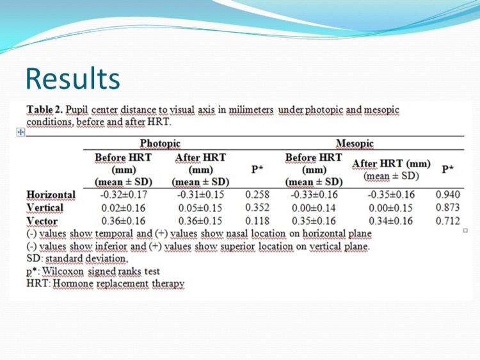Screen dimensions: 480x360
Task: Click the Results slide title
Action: (x=73, y=78)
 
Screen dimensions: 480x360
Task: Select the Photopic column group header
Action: (x=160, y=143)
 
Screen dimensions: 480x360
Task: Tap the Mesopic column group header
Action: (x=355, y=143)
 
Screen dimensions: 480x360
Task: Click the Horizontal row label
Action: (x=51, y=195)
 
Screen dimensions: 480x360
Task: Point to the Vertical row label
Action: (x=45, y=208)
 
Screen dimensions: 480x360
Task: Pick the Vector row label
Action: (x=42, y=221)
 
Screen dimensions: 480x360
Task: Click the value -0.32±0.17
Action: (x=124, y=195)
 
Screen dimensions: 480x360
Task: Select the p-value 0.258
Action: (x=257, y=195)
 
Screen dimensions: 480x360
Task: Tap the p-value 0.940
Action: (x=447, y=195)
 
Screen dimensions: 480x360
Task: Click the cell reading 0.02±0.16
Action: (x=124, y=208)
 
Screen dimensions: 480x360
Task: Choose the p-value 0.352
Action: (x=257, y=208)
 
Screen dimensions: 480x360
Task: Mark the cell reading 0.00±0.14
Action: (x=314, y=208)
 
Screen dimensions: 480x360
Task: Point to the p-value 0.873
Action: (x=447, y=208)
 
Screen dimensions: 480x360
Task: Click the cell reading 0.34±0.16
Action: (x=391, y=221)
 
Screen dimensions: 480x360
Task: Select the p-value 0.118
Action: (x=257, y=221)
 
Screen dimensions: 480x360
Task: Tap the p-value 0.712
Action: (x=447, y=221)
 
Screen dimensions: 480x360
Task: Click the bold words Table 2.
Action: (x=45, y=110)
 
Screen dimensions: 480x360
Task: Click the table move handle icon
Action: (x=20, y=132)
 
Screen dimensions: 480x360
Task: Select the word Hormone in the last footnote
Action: (x=73, y=284)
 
